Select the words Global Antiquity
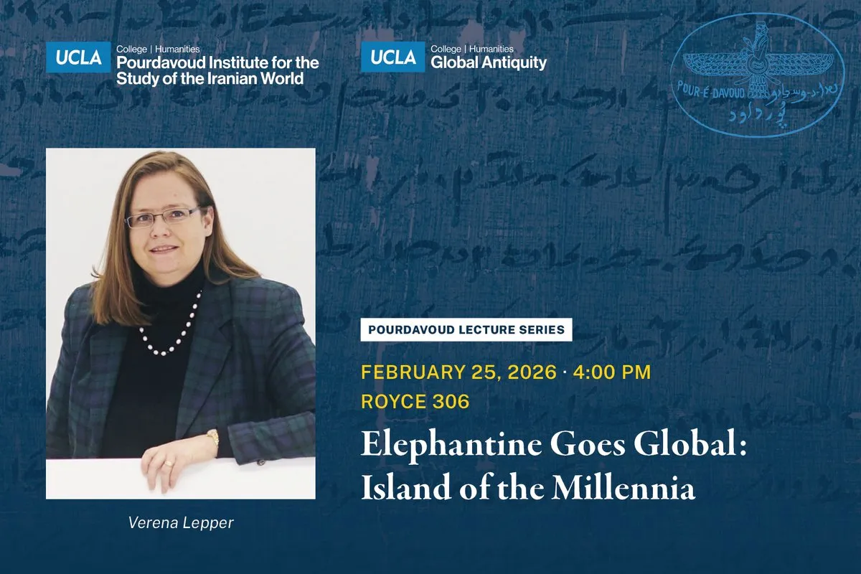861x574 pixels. click(488, 63)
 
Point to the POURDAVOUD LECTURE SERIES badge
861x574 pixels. click(466, 330)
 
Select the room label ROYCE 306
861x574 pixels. click(415, 401)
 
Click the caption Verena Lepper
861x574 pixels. click(181, 523)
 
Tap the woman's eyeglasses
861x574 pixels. click(163, 217)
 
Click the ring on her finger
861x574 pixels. click(169, 464)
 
